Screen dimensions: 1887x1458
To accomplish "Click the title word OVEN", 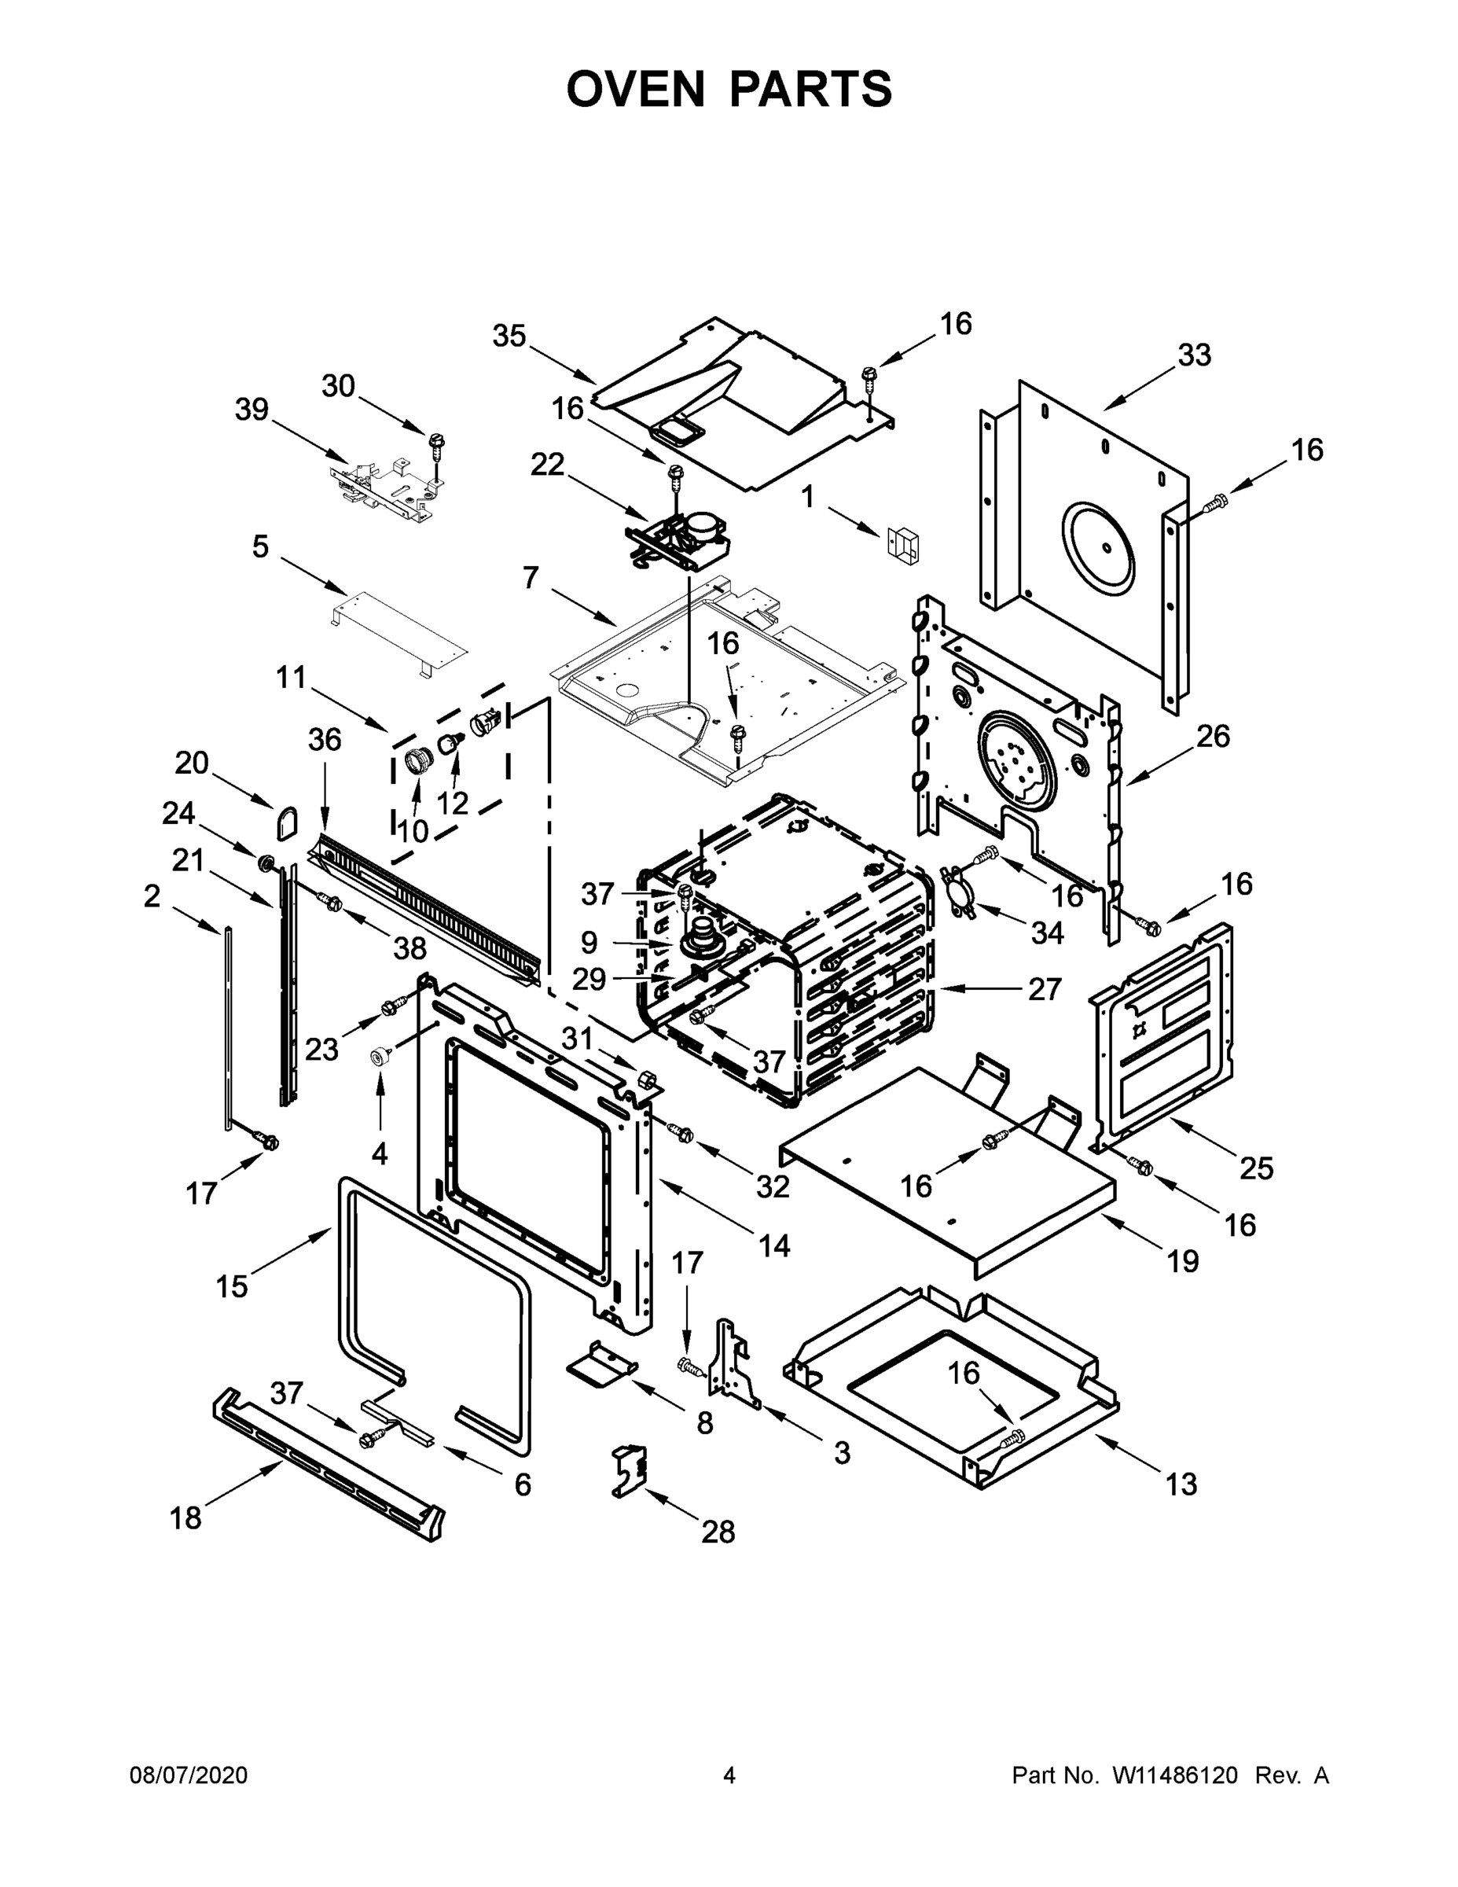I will [x=636, y=89].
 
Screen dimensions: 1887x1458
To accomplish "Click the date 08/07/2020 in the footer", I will [x=189, y=1775].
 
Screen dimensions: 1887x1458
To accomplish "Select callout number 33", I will [x=1195, y=355].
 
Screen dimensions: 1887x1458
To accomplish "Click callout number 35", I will [x=509, y=336].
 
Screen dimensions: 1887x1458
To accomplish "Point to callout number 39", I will [x=252, y=410].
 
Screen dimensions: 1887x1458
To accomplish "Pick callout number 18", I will [x=185, y=1517].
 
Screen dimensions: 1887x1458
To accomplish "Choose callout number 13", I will [x=1181, y=1484].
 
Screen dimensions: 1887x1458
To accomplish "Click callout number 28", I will [x=718, y=1532].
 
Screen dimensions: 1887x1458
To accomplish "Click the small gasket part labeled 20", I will [x=287, y=823].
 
